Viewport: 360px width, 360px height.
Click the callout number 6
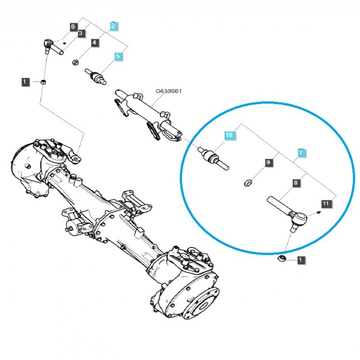(73, 27)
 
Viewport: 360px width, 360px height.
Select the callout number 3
(81, 33)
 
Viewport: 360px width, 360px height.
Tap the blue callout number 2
(113, 27)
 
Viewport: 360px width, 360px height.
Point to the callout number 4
(94, 43)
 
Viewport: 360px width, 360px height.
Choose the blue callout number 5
(117, 57)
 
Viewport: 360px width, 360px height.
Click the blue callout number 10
(229, 135)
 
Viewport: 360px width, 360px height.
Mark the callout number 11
(326, 204)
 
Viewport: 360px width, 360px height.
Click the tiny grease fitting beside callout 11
(319, 212)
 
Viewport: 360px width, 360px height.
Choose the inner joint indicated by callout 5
(97, 76)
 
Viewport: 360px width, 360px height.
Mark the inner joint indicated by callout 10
(214, 159)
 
